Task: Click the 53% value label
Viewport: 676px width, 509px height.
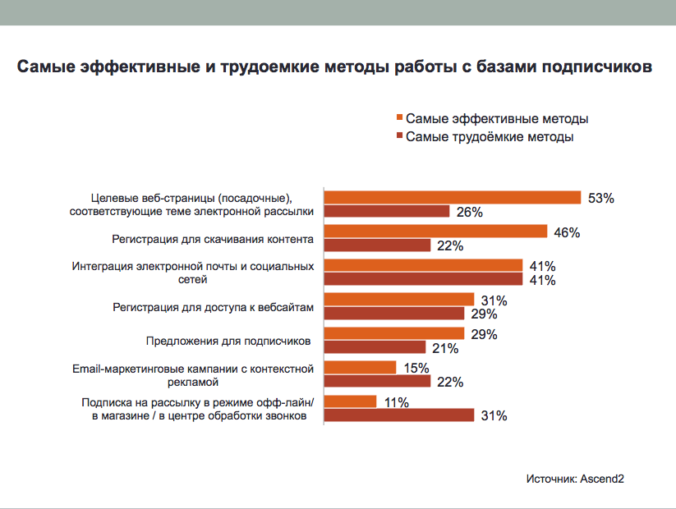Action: point(601,198)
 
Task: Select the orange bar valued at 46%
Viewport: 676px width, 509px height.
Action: point(435,232)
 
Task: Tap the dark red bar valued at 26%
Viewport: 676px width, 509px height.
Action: point(387,211)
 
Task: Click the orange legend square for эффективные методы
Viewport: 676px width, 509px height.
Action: point(400,118)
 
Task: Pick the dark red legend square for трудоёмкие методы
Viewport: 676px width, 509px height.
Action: point(400,136)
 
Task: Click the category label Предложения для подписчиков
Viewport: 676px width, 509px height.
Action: point(229,341)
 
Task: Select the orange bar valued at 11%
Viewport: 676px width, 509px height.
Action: point(351,401)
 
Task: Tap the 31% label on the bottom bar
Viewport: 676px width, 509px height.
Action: point(494,416)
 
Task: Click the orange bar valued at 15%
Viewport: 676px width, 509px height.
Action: point(361,367)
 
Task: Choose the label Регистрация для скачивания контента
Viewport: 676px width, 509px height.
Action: point(213,239)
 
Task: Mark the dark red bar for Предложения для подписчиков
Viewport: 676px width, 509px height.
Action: point(375,347)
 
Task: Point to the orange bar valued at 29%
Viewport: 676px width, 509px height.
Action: point(394,333)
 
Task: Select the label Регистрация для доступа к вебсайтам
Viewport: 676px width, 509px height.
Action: point(213,307)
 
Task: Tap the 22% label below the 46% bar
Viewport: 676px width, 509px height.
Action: point(451,245)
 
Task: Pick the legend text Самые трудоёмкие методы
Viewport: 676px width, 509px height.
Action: point(490,137)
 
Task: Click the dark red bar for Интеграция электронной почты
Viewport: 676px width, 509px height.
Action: point(424,279)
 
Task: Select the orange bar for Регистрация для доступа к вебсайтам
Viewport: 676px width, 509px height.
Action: point(399,300)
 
